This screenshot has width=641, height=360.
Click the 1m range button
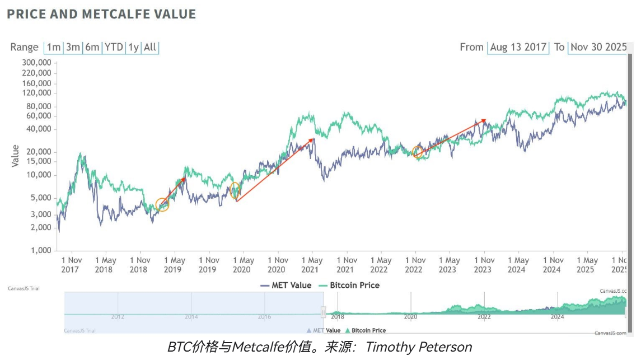[x=53, y=48]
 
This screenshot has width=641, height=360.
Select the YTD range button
[x=114, y=48]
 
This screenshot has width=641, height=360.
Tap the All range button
[x=150, y=48]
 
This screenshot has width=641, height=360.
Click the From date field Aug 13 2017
[x=518, y=48]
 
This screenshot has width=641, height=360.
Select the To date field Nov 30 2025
[x=598, y=48]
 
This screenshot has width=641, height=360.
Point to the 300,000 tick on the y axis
[x=36, y=62]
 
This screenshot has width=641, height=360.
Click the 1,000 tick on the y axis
[x=40, y=250]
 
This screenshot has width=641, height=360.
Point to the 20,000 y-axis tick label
[x=38, y=152]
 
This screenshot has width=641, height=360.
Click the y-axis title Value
[x=15, y=156]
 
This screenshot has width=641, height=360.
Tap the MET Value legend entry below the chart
[x=286, y=286]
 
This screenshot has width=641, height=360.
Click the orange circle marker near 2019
[x=162, y=205]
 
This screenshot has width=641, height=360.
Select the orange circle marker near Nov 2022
[x=417, y=152]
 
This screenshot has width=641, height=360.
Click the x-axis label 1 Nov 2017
[x=71, y=265]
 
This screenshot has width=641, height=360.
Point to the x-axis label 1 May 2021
[x=312, y=265]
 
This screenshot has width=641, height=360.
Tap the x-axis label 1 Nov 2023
[x=484, y=265]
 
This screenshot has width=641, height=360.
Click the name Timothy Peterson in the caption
[x=419, y=348]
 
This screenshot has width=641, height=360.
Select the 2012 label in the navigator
[x=118, y=317]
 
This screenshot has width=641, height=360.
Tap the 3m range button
[x=73, y=48]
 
